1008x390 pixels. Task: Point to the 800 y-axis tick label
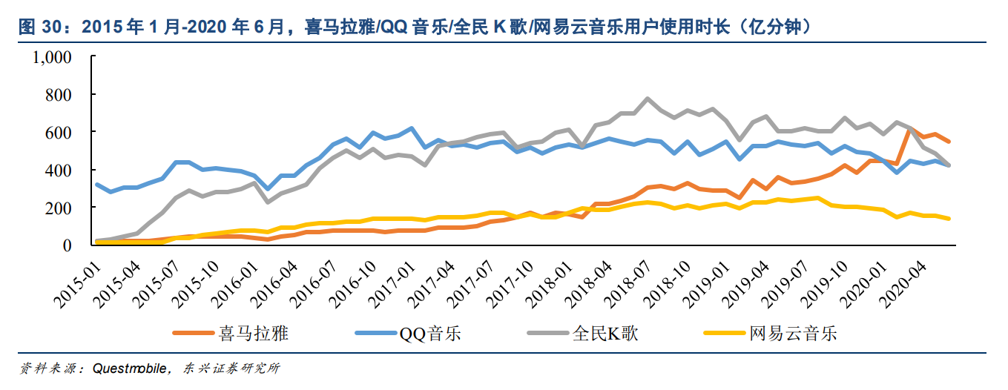pos(59,95)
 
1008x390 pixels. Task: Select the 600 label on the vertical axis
pos(59,133)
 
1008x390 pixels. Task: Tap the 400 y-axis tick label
pos(59,170)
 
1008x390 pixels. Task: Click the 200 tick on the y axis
pos(59,208)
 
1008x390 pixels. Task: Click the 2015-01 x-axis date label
pos(79,279)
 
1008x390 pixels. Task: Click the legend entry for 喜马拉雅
pos(253,333)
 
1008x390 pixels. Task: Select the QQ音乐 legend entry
pos(430,333)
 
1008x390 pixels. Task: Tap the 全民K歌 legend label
pos(605,333)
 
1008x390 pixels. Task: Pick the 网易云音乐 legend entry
pos(793,333)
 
